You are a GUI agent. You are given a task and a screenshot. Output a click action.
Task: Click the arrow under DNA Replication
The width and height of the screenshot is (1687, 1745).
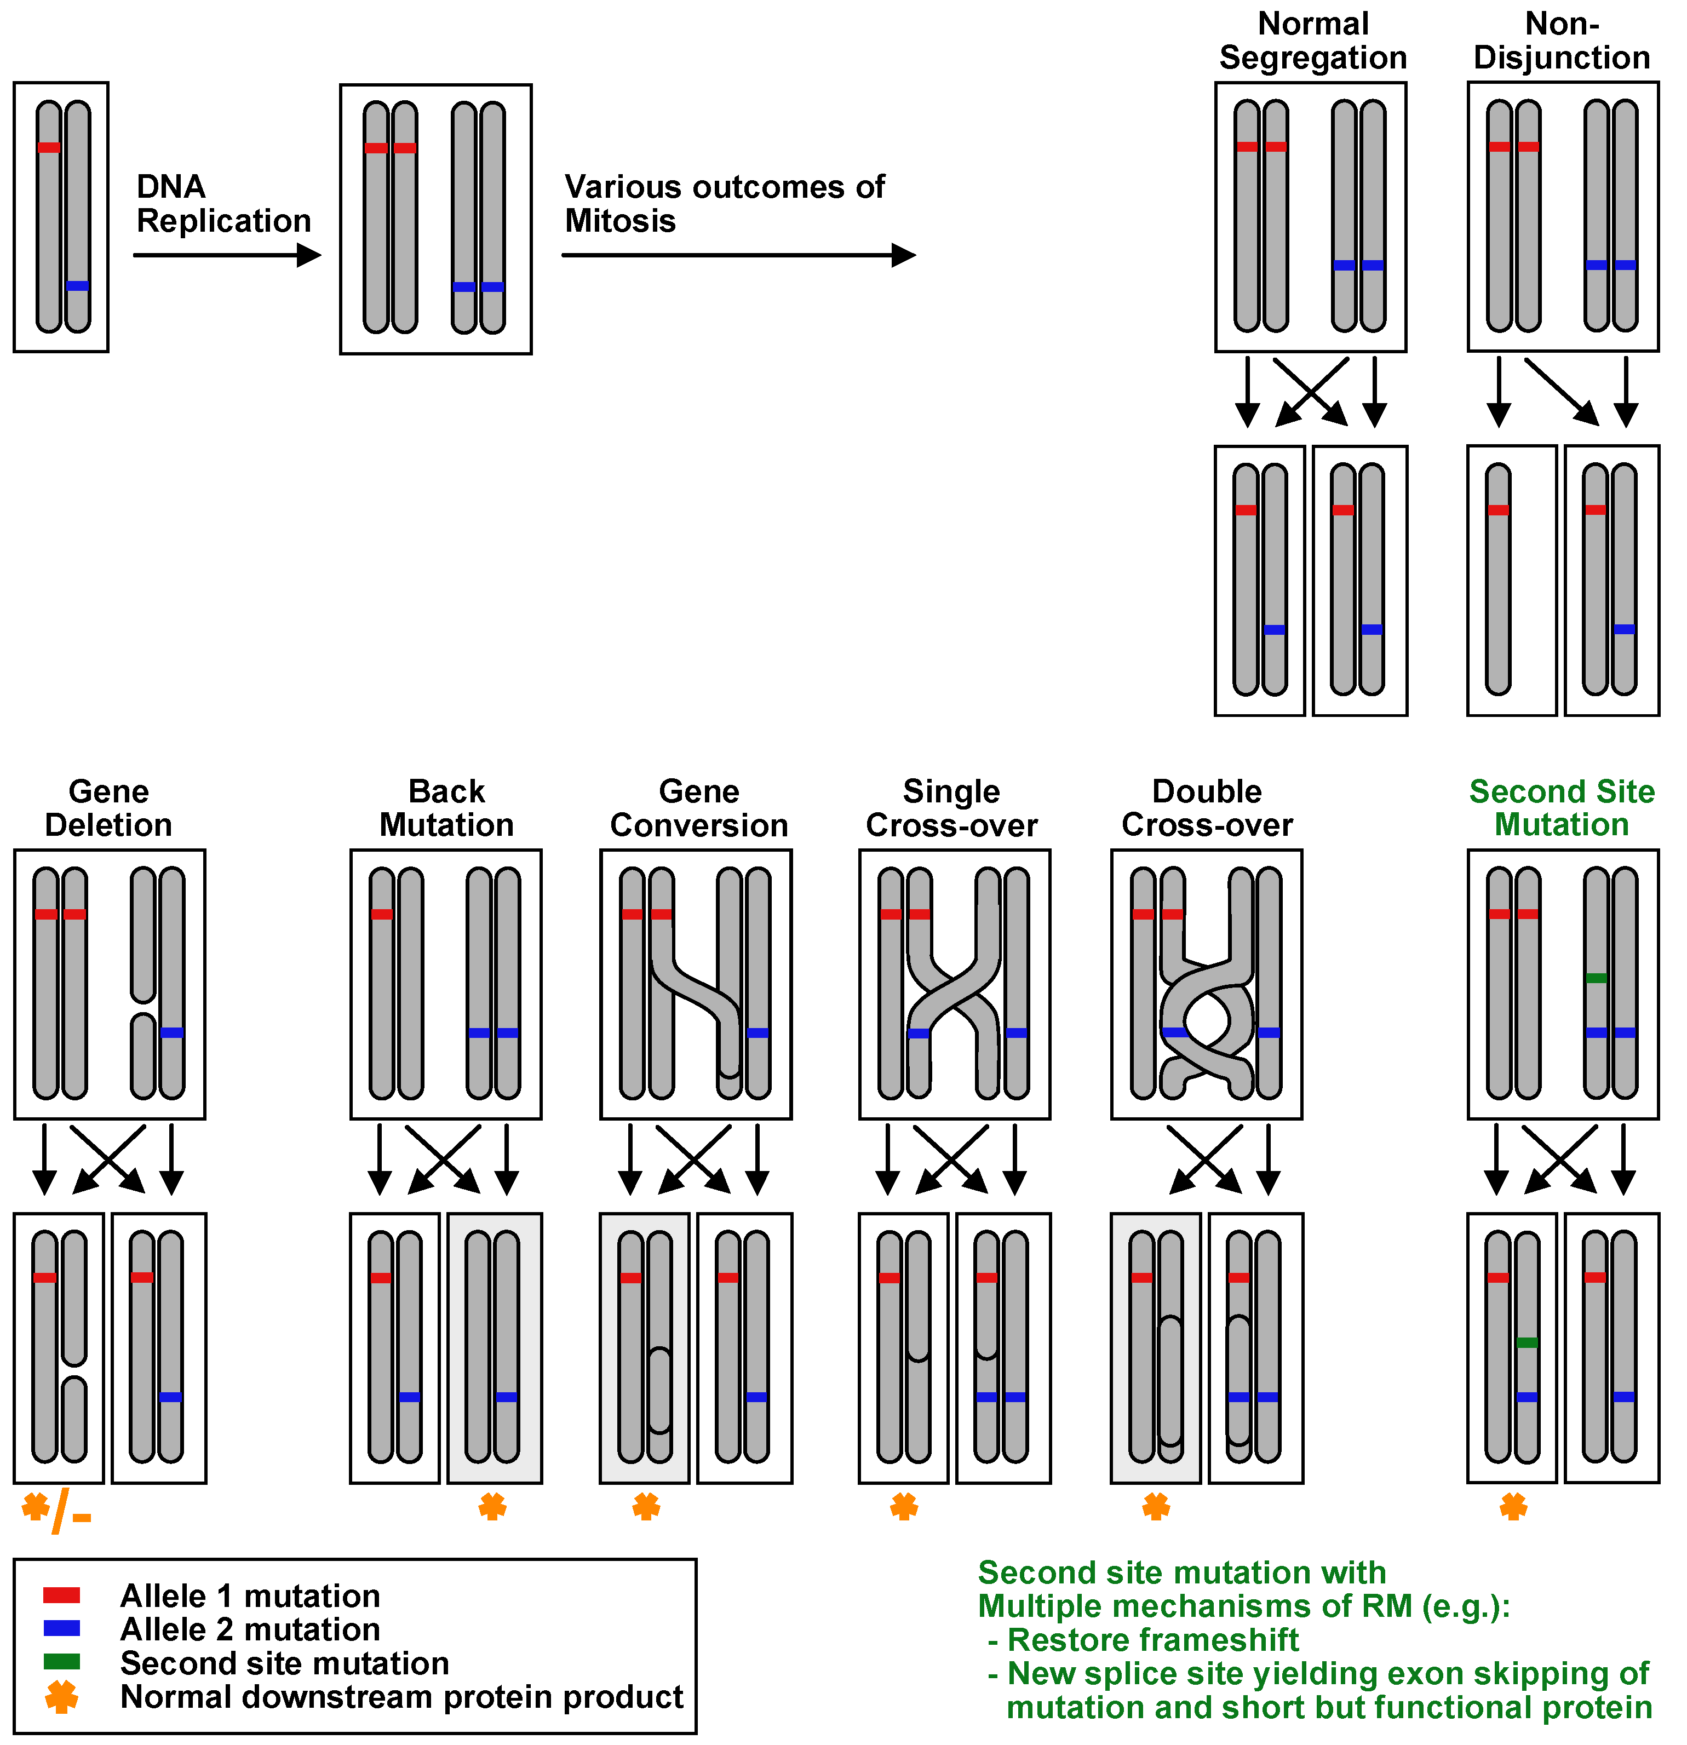pos(227,256)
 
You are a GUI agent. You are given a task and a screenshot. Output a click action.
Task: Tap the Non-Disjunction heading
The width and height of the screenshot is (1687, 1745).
pos(1562,41)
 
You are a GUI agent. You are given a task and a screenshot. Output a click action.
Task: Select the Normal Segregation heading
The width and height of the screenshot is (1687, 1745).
pos(1312,41)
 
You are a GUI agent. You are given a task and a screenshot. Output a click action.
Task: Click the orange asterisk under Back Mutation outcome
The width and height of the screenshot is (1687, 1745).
pos(492,1507)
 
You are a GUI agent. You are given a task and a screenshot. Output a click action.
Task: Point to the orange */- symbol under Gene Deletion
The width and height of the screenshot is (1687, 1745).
pos(55,1511)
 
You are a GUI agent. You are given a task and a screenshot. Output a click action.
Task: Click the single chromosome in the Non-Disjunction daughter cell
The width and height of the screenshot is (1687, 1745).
pos(1498,579)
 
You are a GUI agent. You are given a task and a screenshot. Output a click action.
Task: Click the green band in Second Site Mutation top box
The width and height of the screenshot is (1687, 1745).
pos(1596,978)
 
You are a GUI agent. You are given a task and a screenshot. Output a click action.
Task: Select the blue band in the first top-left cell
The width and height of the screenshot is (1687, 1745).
pos(77,286)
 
